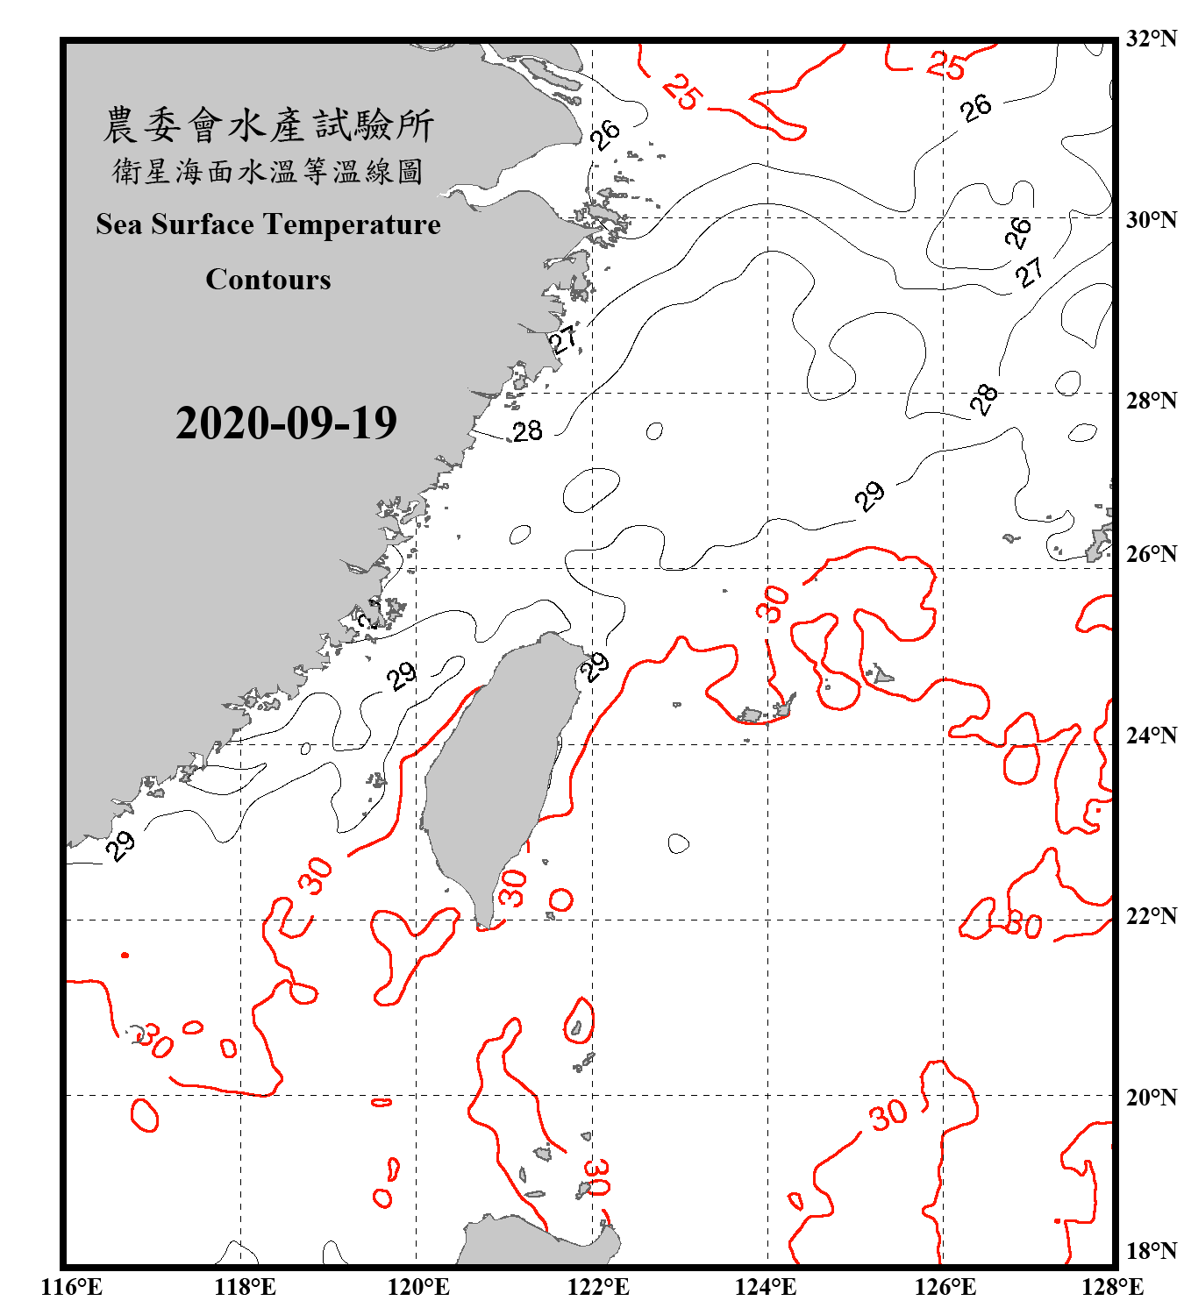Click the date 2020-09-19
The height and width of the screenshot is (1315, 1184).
[286, 423]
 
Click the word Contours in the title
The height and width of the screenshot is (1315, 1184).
[268, 280]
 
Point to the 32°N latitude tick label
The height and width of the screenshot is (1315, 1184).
[1151, 39]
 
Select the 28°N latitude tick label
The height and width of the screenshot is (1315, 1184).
[1151, 401]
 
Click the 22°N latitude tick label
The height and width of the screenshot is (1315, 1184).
[1151, 916]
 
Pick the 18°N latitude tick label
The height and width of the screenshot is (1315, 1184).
[1151, 1251]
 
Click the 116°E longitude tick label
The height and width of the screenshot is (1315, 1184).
[72, 1287]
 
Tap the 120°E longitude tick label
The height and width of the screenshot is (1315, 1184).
[418, 1287]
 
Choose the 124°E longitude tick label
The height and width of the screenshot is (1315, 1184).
[766, 1287]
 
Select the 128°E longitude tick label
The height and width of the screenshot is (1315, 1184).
[1112, 1287]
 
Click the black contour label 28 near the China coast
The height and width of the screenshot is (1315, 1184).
[528, 431]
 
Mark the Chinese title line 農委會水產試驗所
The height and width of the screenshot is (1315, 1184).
[268, 124]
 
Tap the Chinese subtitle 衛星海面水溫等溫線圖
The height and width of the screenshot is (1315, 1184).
[268, 171]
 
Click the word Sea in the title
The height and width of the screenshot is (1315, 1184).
[118, 224]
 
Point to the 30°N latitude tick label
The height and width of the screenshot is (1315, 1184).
[1151, 220]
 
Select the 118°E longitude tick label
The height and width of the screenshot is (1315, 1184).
[245, 1287]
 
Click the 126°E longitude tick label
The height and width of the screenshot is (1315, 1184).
[945, 1287]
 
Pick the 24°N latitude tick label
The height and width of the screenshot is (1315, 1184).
[1151, 736]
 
